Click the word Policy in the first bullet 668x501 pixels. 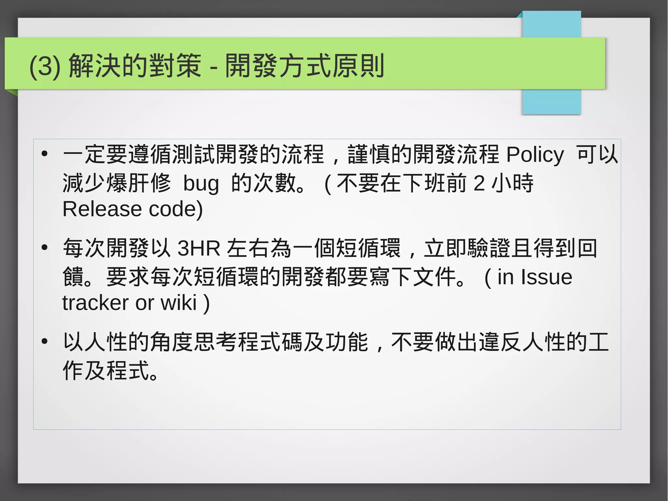tap(535, 155)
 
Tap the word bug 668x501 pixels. tap(201, 184)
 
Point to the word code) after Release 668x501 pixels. tap(176, 209)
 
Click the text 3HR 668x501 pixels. tap(199, 248)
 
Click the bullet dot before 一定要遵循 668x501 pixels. tap(45, 154)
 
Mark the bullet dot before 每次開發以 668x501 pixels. tap(45, 248)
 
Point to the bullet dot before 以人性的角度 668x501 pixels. tap(45, 341)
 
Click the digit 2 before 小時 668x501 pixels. tap(479, 183)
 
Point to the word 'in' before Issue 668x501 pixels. tap(505, 277)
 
